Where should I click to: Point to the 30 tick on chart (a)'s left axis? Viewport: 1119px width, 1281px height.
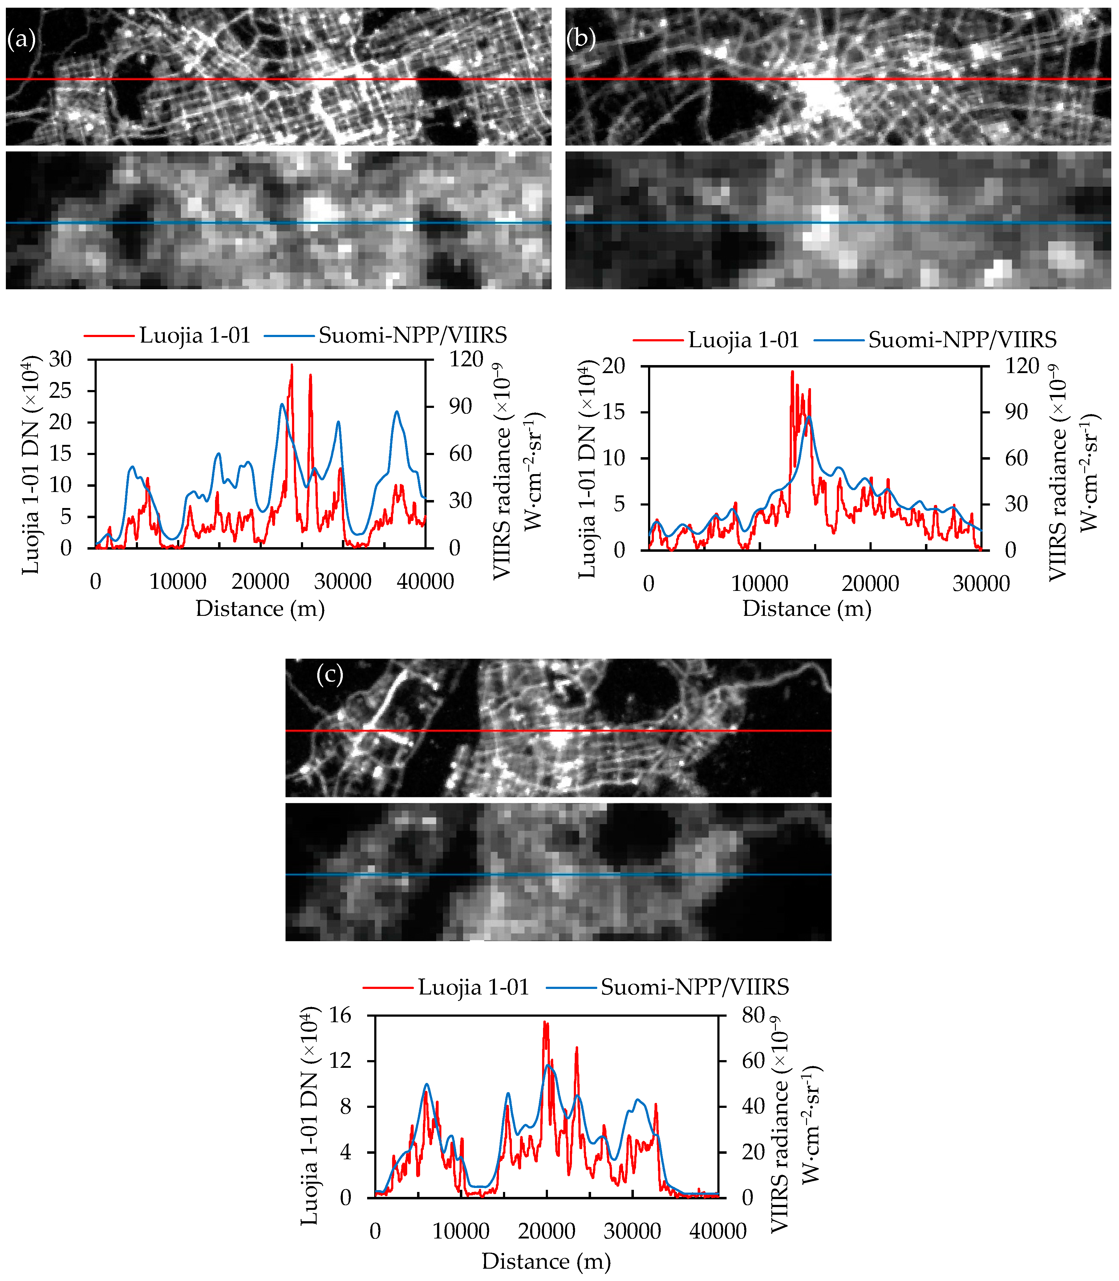(61, 359)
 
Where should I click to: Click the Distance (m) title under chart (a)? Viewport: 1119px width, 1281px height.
(260, 608)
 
